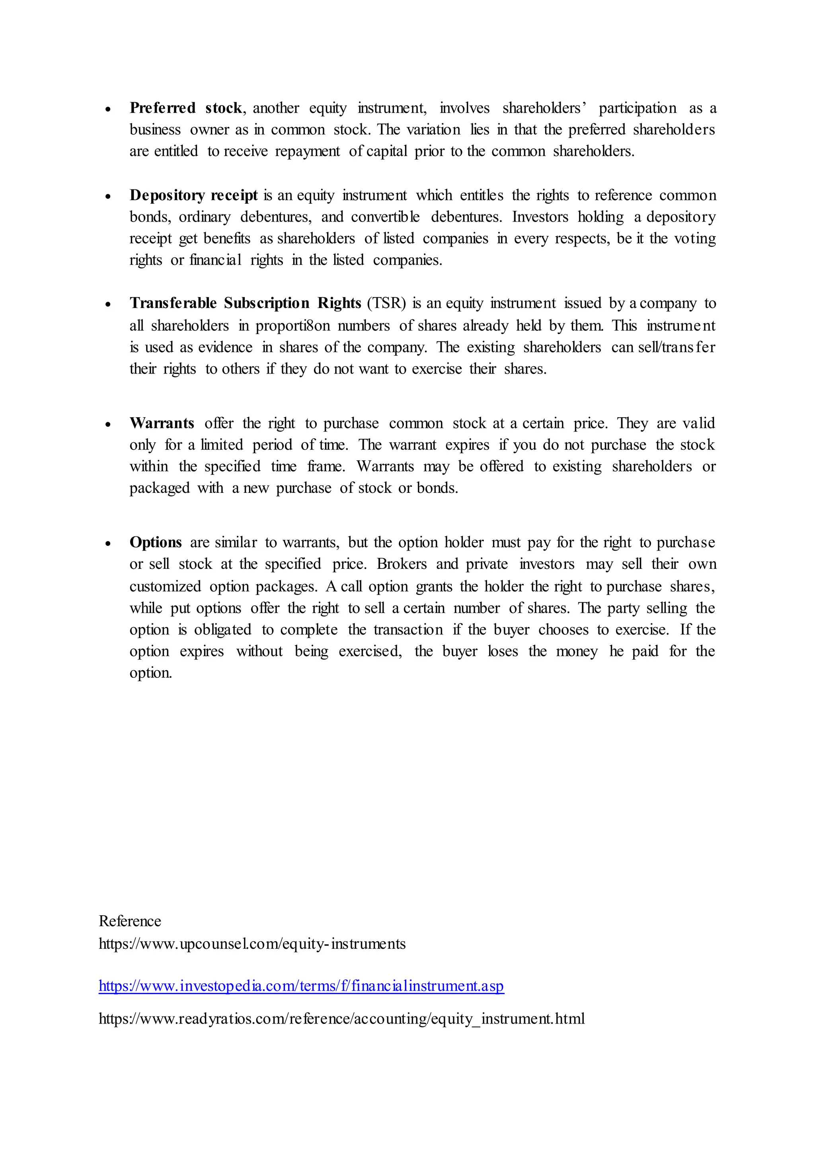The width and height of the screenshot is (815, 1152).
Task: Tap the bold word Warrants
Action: coord(162,423)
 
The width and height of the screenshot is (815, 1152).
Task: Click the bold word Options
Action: coord(156,542)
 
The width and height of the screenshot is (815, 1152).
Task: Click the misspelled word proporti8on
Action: coord(292,326)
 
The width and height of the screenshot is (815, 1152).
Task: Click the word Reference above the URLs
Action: coord(129,921)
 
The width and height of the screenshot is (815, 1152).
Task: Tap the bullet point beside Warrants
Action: coord(108,424)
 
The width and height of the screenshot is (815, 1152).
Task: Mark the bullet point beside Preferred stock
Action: coord(108,109)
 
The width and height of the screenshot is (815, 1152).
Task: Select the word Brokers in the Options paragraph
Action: coord(402,564)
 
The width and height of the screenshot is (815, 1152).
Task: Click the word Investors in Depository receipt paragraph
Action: coord(540,217)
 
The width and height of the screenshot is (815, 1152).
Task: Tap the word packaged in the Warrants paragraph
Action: coord(159,488)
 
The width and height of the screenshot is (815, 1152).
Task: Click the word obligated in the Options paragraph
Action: coord(222,630)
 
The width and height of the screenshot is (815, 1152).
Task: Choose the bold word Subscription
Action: coord(267,303)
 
